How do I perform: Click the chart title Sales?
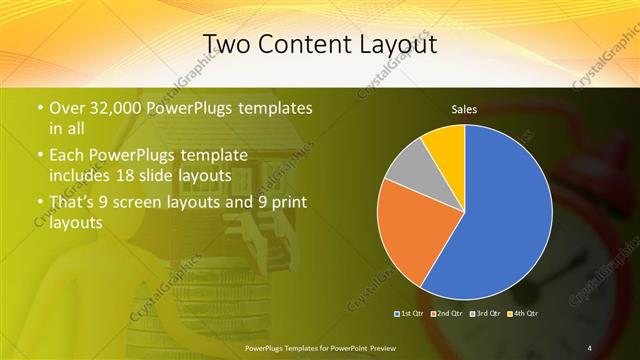[x=464, y=108]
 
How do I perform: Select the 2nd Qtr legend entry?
[x=447, y=314]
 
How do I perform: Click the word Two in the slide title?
[x=226, y=44]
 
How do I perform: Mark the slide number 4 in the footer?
[x=590, y=347]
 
